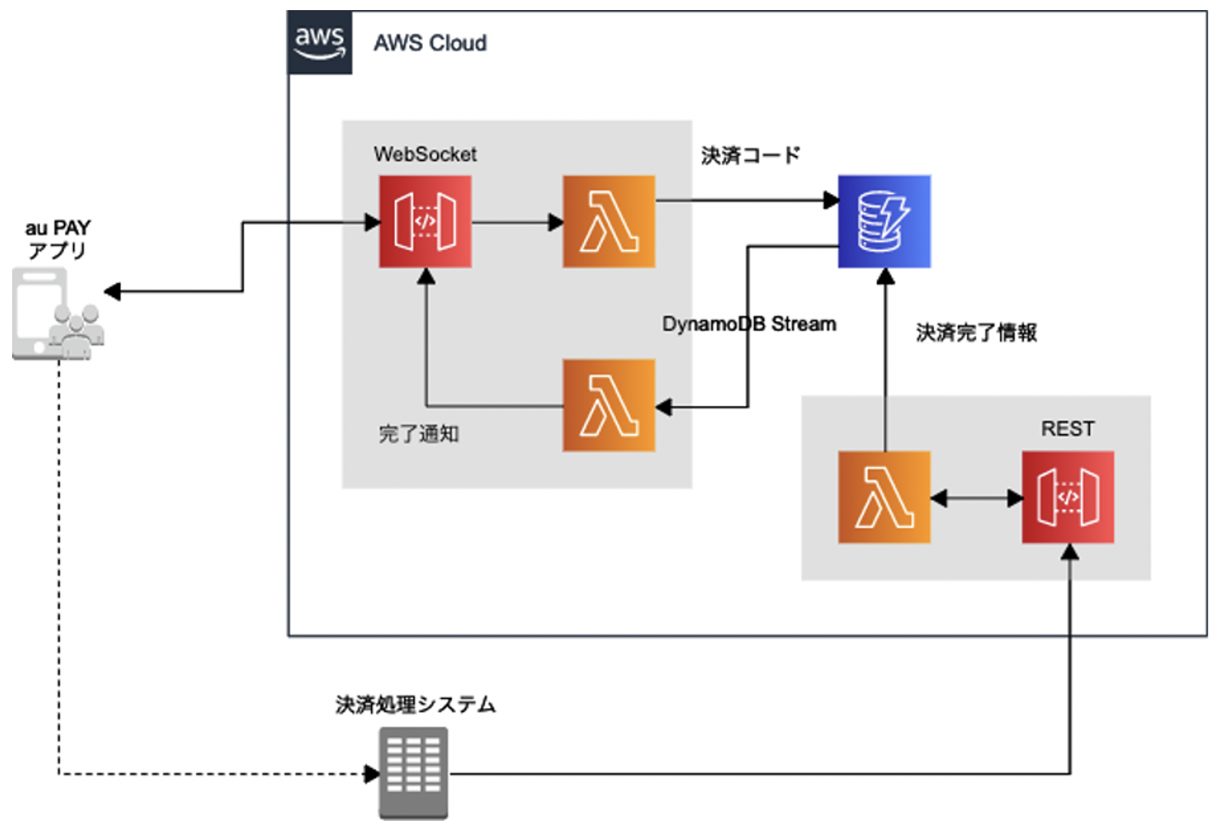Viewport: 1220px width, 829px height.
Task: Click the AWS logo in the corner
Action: point(320,42)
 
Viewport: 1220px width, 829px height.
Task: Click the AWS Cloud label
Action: point(430,43)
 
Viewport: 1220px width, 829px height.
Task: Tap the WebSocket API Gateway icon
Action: point(425,222)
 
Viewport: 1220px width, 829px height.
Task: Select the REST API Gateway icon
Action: point(1068,497)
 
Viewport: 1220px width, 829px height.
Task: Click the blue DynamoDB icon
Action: point(884,222)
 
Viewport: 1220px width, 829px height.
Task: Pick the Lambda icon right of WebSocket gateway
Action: point(609,222)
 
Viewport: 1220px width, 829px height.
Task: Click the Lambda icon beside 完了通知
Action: point(609,405)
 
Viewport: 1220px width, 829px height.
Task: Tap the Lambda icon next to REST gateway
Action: point(884,497)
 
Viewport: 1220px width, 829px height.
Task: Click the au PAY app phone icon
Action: point(57,314)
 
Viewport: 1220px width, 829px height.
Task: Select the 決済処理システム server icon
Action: point(413,773)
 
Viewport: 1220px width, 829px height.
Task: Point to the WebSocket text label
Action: point(425,155)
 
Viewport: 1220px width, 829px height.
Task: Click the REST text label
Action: point(1068,429)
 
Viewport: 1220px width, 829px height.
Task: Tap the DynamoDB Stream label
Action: point(749,324)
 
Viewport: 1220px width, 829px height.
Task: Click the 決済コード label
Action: point(750,156)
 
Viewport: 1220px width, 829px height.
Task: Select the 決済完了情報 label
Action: point(976,333)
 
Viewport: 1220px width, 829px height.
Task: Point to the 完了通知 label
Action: point(418,434)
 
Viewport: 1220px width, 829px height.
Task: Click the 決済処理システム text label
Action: point(415,705)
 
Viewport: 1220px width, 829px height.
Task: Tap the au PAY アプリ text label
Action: point(58,239)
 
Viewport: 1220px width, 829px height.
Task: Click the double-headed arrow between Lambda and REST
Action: point(976,498)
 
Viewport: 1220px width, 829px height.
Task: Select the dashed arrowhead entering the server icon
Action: point(371,774)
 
